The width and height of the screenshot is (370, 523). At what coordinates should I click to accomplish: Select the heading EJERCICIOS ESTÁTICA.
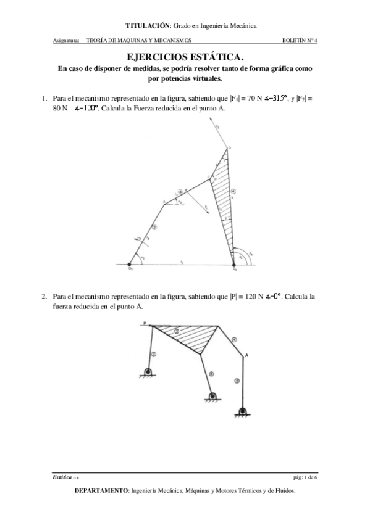(185, 57)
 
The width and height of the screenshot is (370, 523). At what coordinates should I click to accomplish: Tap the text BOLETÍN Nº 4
(299, 41)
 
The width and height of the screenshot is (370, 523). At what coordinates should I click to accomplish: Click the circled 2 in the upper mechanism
(154, 226)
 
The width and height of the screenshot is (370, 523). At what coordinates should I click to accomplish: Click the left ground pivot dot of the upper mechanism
(130, 263)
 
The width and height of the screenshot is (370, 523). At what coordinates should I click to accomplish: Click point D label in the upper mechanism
(229, 148)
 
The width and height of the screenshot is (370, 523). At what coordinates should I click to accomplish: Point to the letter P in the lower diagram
(144, 323)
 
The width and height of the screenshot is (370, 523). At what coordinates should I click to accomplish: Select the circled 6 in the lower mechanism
(211, 373)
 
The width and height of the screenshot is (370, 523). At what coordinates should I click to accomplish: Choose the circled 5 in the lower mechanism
(237, 381)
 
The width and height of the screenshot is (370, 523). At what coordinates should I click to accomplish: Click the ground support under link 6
(213, 397)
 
